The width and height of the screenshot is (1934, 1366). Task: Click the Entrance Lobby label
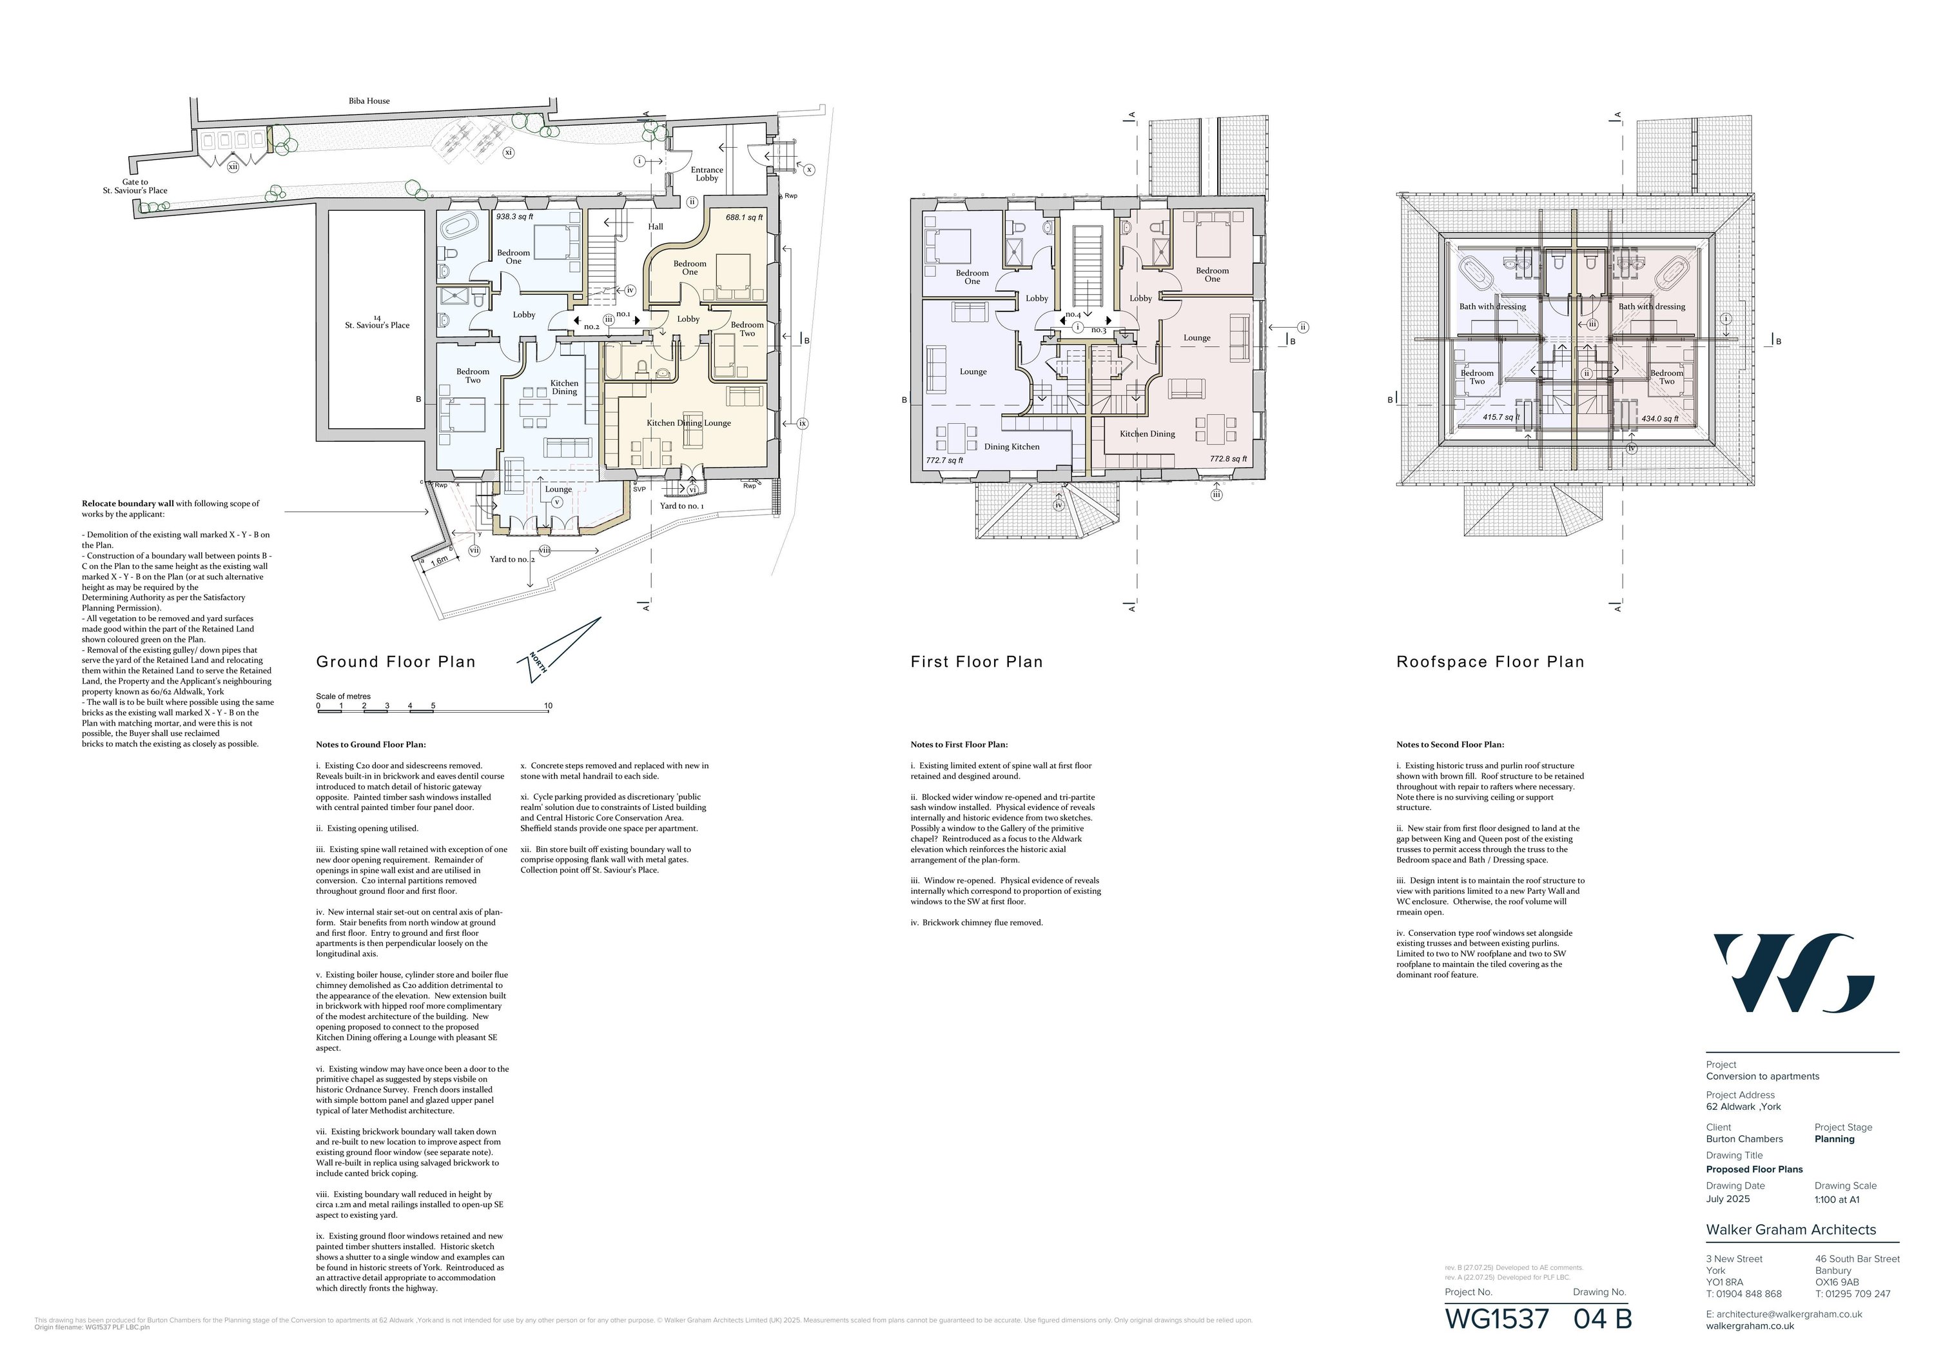tap(707, 173)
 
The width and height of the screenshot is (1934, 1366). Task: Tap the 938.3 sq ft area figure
tap(514, 217)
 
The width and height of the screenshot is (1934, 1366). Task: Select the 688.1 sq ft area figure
tap(744, 217)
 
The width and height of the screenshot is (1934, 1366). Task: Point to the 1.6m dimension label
tap(439, 561)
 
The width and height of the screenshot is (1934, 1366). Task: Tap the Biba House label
tap(369, 101)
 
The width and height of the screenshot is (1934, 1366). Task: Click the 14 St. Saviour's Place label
tap(376, 322)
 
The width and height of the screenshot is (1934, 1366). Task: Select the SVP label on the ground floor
tap(640, 489)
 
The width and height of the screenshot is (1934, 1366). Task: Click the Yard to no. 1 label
tap(681, 506)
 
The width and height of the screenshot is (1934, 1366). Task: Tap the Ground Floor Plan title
tap(396, 662)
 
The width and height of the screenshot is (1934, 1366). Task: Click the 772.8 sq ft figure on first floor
tap(1228, 459)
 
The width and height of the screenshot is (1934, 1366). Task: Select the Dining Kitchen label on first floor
tap(1011, 446)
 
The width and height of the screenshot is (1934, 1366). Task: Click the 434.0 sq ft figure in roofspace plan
tap(1659, 419)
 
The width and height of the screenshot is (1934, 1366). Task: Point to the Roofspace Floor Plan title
tap(1490, 662)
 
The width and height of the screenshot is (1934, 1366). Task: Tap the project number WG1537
tap(1497, 1319)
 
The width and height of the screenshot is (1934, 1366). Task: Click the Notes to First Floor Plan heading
tap(959, 745)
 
